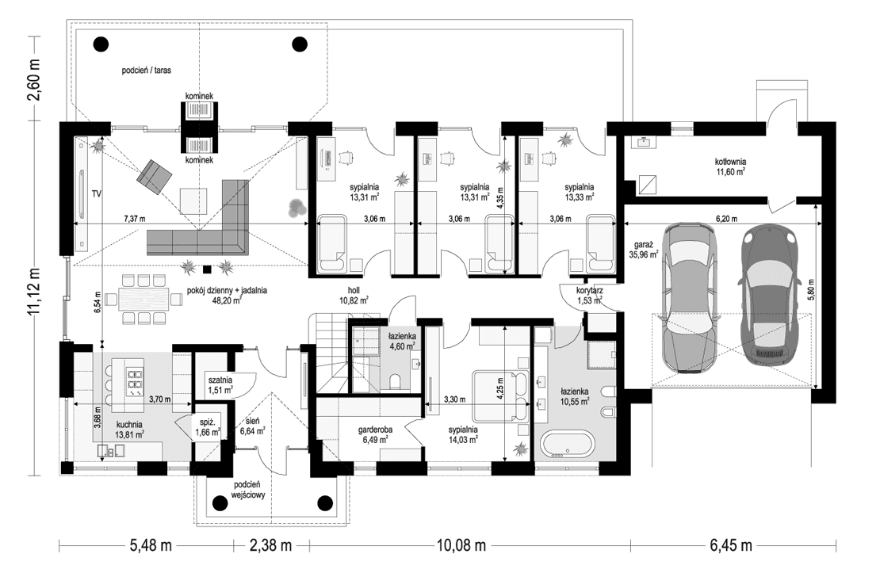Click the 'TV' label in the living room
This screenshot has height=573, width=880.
[98, 193]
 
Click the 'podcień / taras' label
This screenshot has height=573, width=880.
[147, 70]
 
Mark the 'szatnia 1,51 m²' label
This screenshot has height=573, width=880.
[219, 384]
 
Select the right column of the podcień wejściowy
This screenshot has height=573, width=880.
[324, 502]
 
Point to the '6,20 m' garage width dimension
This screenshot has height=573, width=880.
[727, 217]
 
